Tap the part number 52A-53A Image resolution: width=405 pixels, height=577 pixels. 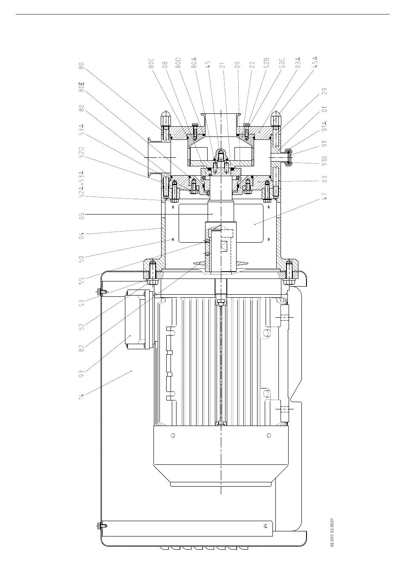click(x=81, y=184)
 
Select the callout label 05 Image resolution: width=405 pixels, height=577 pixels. click(x=81, y=215)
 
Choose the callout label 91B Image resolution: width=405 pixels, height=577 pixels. click(x=325, y=160)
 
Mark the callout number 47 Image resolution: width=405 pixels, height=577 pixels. click(x=325, y=196)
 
